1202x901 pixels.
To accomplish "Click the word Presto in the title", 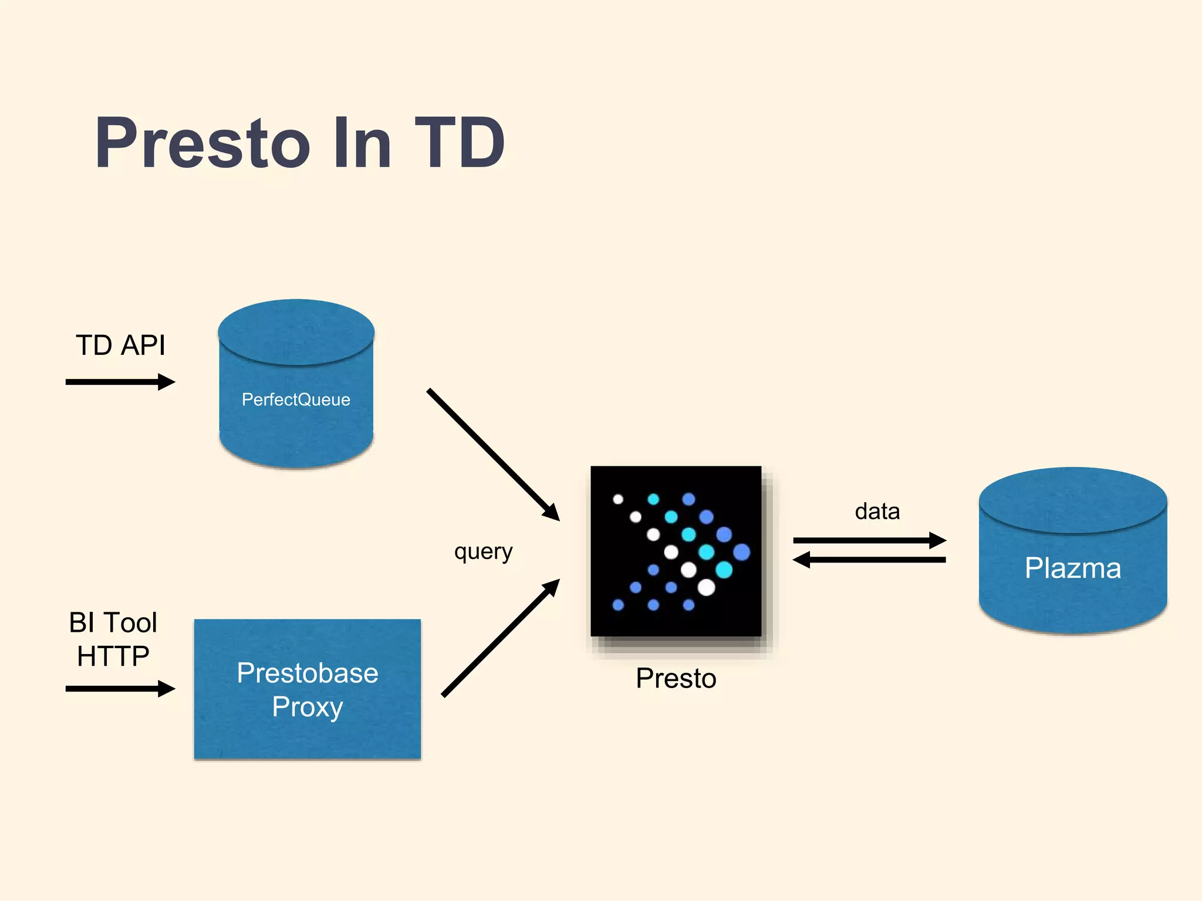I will (x=202, y=143).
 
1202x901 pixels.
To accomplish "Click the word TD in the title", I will (x=459, y=143).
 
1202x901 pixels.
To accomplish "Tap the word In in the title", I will (x=362, y=143).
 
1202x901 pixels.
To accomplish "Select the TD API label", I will (x=120, y=345).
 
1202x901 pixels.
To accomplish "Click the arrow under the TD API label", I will (x=120, y=382).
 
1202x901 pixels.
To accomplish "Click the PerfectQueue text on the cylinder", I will (x=296, y=399).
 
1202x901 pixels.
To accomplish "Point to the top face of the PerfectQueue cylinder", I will (x=296, y=331).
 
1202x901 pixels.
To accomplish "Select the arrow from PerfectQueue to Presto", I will (x=493, y=455).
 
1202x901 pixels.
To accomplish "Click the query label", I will (x=483, y=551).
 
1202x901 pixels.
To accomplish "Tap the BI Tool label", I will (x=113, y=622).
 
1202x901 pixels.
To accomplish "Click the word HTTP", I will (x=113, y=656).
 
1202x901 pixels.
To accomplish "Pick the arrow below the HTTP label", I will (x=120, y=688).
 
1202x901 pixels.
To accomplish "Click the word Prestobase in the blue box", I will (x=308, y=673).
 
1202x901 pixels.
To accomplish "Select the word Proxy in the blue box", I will (x=308, y=707).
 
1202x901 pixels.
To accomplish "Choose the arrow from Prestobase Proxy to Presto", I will (x=500, y=638).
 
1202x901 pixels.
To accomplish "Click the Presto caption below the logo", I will (x=676, y=679).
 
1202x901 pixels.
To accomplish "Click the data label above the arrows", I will (x=877, y=512).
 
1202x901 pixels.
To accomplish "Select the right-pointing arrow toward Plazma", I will (x=869, y=540).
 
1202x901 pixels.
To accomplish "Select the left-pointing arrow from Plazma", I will (x=869, y=560).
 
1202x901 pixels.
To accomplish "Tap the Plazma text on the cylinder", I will (x=1072, y=568).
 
